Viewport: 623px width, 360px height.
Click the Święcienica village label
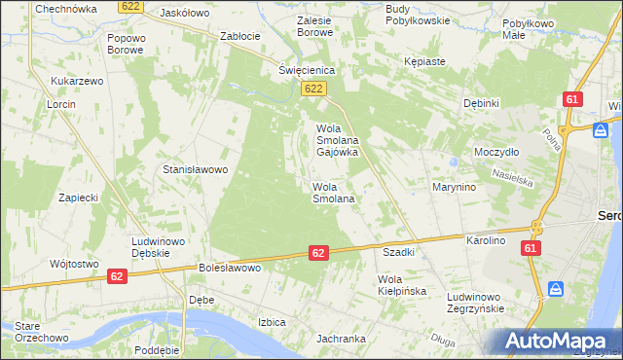[307, 70]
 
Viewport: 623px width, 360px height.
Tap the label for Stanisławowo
[195, 169]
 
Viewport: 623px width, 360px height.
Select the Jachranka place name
[341, 339]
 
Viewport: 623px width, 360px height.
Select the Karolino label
[486, 239]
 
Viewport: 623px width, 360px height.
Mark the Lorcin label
[61, 103]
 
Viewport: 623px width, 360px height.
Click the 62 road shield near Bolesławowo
[318, 253]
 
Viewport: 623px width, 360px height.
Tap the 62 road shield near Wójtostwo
[117, 276]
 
